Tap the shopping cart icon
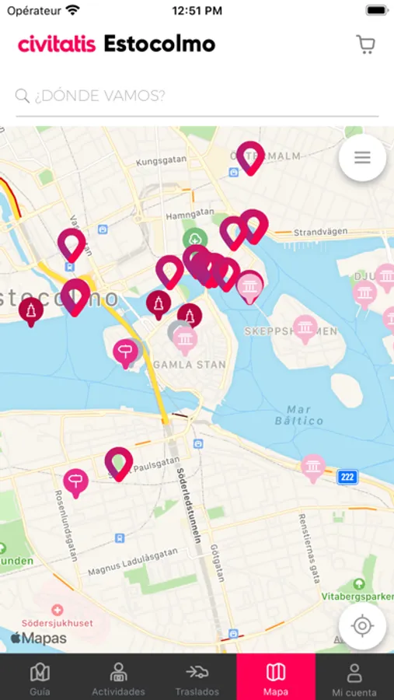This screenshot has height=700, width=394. coord(365,44)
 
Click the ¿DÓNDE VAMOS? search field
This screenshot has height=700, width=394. coord(197,96)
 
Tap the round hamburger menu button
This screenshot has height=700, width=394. coord(362,158)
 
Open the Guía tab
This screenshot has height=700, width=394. coord(40,677)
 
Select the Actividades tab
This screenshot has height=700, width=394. coord(118,677)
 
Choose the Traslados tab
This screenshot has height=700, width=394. coord(197,677)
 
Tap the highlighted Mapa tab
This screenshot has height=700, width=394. coord(276,677)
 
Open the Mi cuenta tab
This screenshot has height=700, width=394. coord(354,677)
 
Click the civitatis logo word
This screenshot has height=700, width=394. coord(57,44)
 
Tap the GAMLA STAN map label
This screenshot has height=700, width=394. coord(190,364)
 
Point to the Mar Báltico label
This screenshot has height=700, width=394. coord(299,415)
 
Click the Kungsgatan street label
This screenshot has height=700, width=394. coord(162,163)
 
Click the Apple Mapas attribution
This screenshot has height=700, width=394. coord(38,639)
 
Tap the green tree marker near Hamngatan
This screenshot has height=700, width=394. coord(194,240)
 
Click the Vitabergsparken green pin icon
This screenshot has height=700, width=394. coord(358,583)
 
